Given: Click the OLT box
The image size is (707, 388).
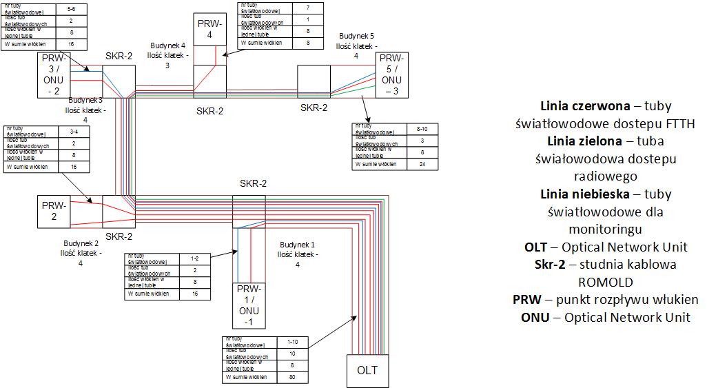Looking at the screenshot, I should (367, 371).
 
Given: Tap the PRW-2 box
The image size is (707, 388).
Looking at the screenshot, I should (54, 212).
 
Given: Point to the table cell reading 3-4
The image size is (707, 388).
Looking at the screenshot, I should (74, 131).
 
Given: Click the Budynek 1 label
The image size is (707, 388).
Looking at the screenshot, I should (297, 246).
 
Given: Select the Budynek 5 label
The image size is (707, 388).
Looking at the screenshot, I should (356, 36).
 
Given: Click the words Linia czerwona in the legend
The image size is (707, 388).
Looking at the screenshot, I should (585, 106).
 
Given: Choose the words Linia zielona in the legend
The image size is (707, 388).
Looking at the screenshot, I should (582, 141).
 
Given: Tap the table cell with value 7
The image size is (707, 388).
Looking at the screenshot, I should (308, 8).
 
